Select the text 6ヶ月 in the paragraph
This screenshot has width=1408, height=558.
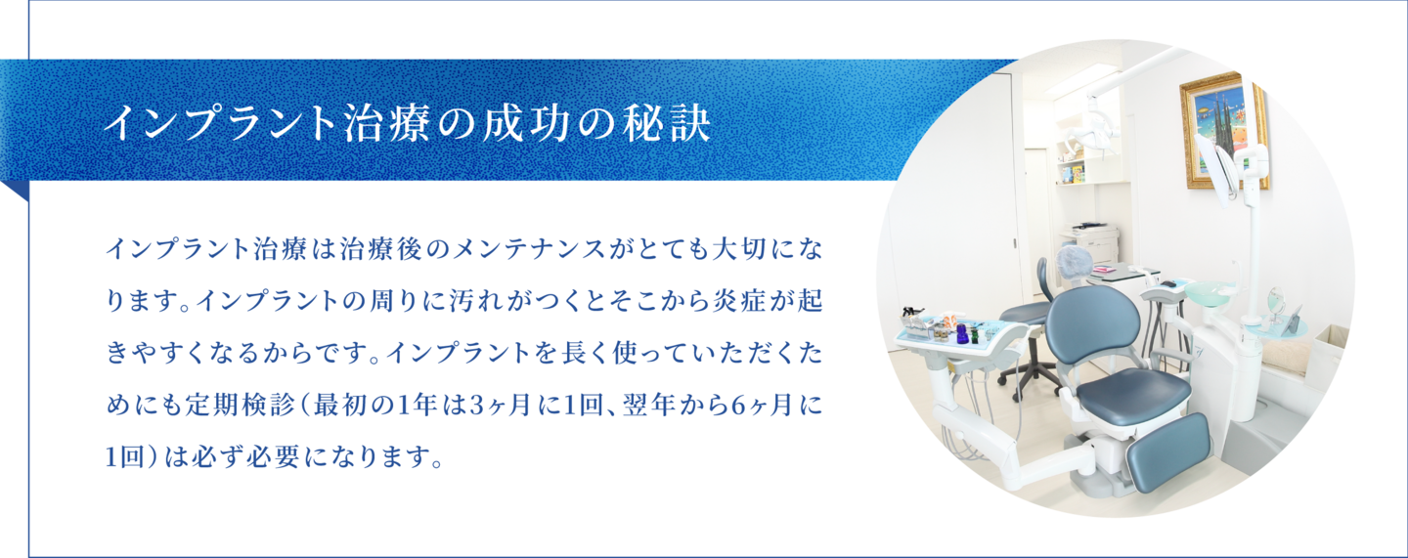tap(748, 406)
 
